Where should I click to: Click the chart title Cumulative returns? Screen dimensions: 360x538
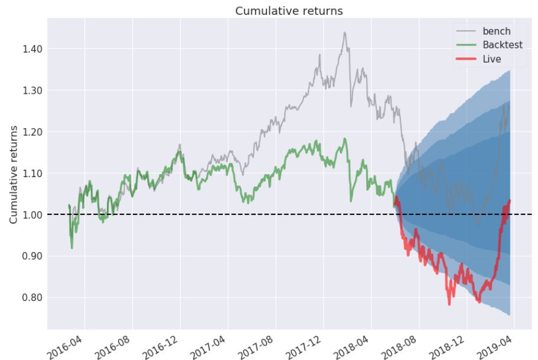pyautogui.click(x=289, y=11)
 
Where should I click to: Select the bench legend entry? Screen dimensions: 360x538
pyautogui.click(x=495, y=31)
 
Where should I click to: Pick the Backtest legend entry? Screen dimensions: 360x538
pyautogui.click(x=503, y=45)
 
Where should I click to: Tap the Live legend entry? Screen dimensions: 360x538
pyautogui.click(x=492, y=59)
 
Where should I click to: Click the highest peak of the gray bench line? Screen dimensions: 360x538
pyautogui.click(x=344, y=32)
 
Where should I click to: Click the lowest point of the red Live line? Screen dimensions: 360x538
pyautogui.click(x=449, y=305)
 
